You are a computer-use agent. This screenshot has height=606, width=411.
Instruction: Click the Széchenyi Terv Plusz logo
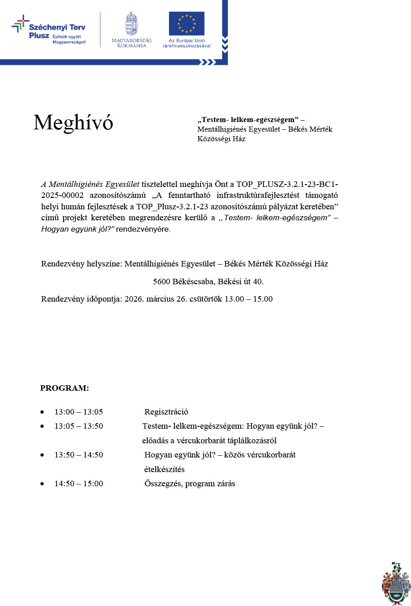point(48,30)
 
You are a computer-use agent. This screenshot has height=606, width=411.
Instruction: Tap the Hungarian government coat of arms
point(132,24)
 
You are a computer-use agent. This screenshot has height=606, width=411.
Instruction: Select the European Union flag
point(186,24)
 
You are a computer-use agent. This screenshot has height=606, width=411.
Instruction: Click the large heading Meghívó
point(73,122)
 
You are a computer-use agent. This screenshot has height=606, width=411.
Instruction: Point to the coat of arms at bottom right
point(395,584)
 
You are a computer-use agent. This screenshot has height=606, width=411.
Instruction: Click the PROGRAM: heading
point(64,388)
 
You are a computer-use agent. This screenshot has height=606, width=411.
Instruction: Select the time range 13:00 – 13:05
point(79,412)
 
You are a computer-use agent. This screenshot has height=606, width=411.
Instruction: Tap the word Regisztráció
point(166,412)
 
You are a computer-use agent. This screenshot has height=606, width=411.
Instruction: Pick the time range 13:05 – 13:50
point(79,426)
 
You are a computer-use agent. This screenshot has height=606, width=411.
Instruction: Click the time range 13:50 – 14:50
point(79,455)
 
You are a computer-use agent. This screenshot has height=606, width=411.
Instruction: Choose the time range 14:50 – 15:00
point(79,484)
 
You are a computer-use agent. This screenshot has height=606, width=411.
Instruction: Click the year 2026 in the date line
point(134,299)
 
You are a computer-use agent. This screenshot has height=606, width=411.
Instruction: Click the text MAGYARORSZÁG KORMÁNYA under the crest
point(132,43)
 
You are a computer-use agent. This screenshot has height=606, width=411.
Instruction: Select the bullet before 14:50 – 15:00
point(42,484)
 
